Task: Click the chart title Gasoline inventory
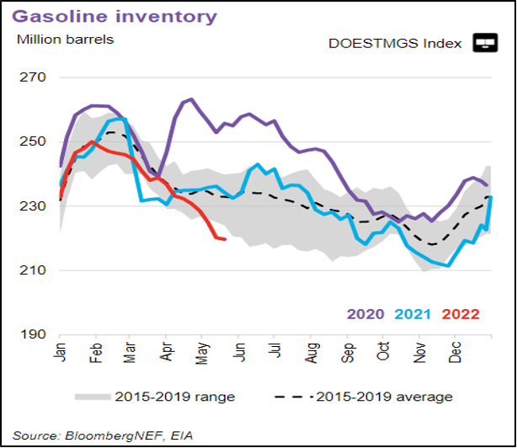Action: tap(113, 16)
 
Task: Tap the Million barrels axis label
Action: tap(65, 38)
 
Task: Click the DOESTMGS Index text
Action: tap(397, 43)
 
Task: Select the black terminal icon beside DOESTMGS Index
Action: tap(486, 43)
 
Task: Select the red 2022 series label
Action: tap(460, 314)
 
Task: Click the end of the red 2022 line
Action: tap(225, 239)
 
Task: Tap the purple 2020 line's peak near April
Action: tap(191, 99)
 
